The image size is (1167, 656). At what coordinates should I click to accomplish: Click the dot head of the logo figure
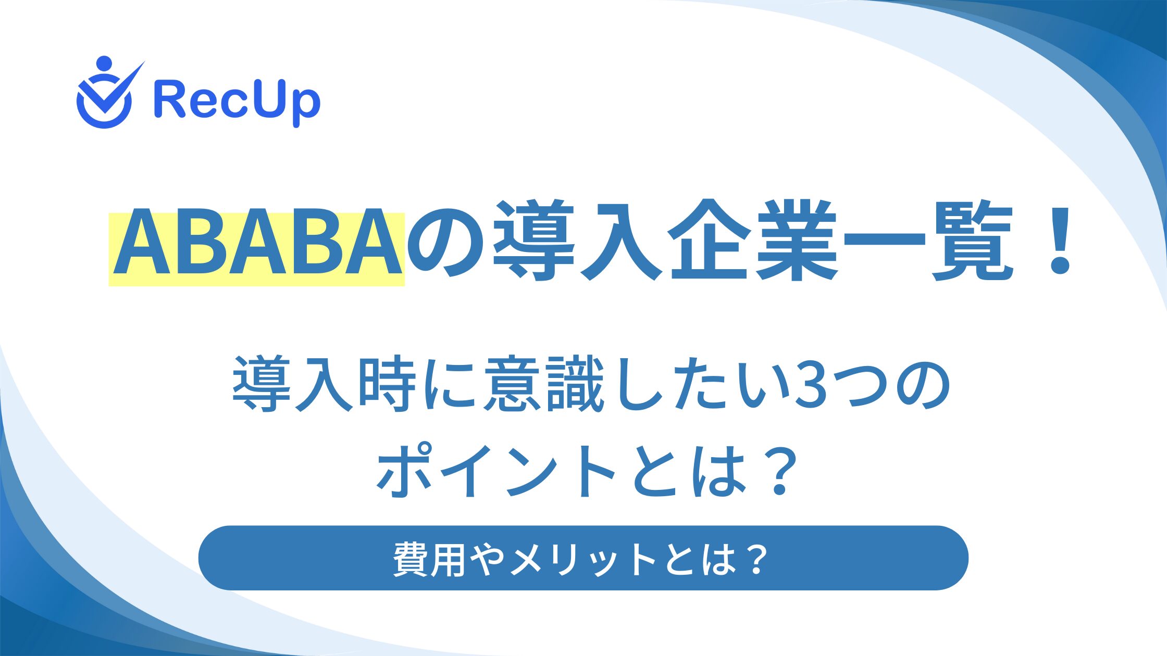click(x=104, y=64)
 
